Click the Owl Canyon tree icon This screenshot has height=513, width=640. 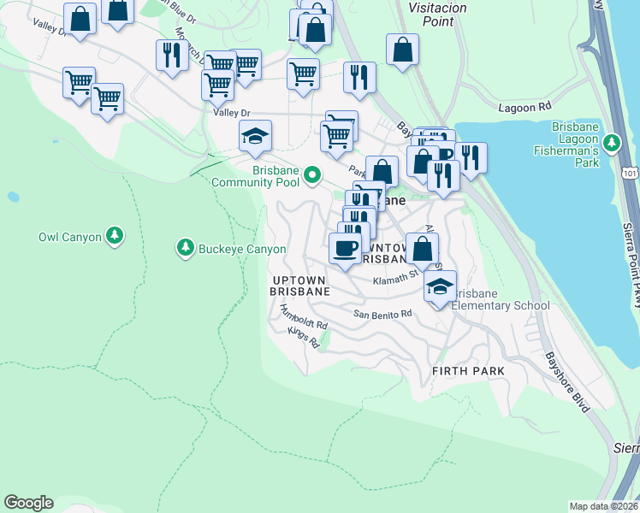[x=113, y=236]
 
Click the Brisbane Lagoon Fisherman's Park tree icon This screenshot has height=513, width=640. [x=611, y=142]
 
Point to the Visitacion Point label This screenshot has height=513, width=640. [x=420, y=15]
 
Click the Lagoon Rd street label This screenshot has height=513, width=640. [x=525, y=108]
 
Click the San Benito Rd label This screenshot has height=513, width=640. [x=383, y=314]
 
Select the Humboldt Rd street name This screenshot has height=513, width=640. [x=304, y=323]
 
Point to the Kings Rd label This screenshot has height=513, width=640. [x=303, y=339]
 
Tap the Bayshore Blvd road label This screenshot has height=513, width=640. [x=567, y=380]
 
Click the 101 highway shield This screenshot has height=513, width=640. [x=631, y=174]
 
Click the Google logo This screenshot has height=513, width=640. [x=28, y=503]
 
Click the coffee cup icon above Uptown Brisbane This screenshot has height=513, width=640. [x=346, y=249]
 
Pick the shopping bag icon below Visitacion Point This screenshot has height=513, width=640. [x=402, y=49]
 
